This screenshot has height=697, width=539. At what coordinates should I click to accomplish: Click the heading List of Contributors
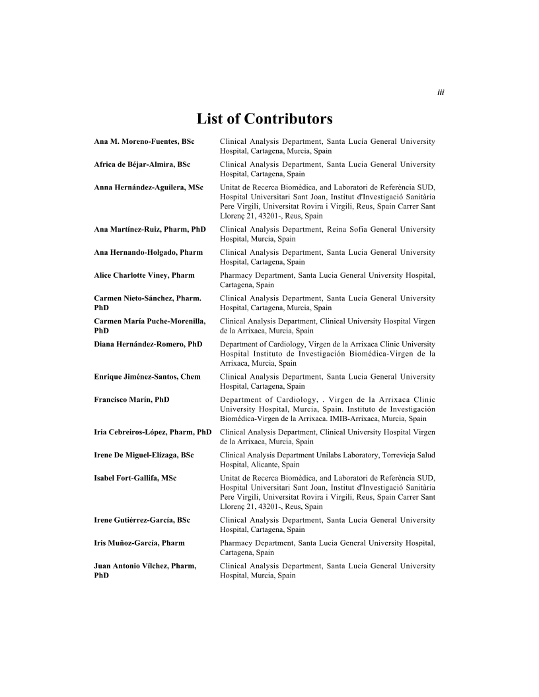(264, 119)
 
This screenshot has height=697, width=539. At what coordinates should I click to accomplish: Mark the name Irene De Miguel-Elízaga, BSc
(144, 455)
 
